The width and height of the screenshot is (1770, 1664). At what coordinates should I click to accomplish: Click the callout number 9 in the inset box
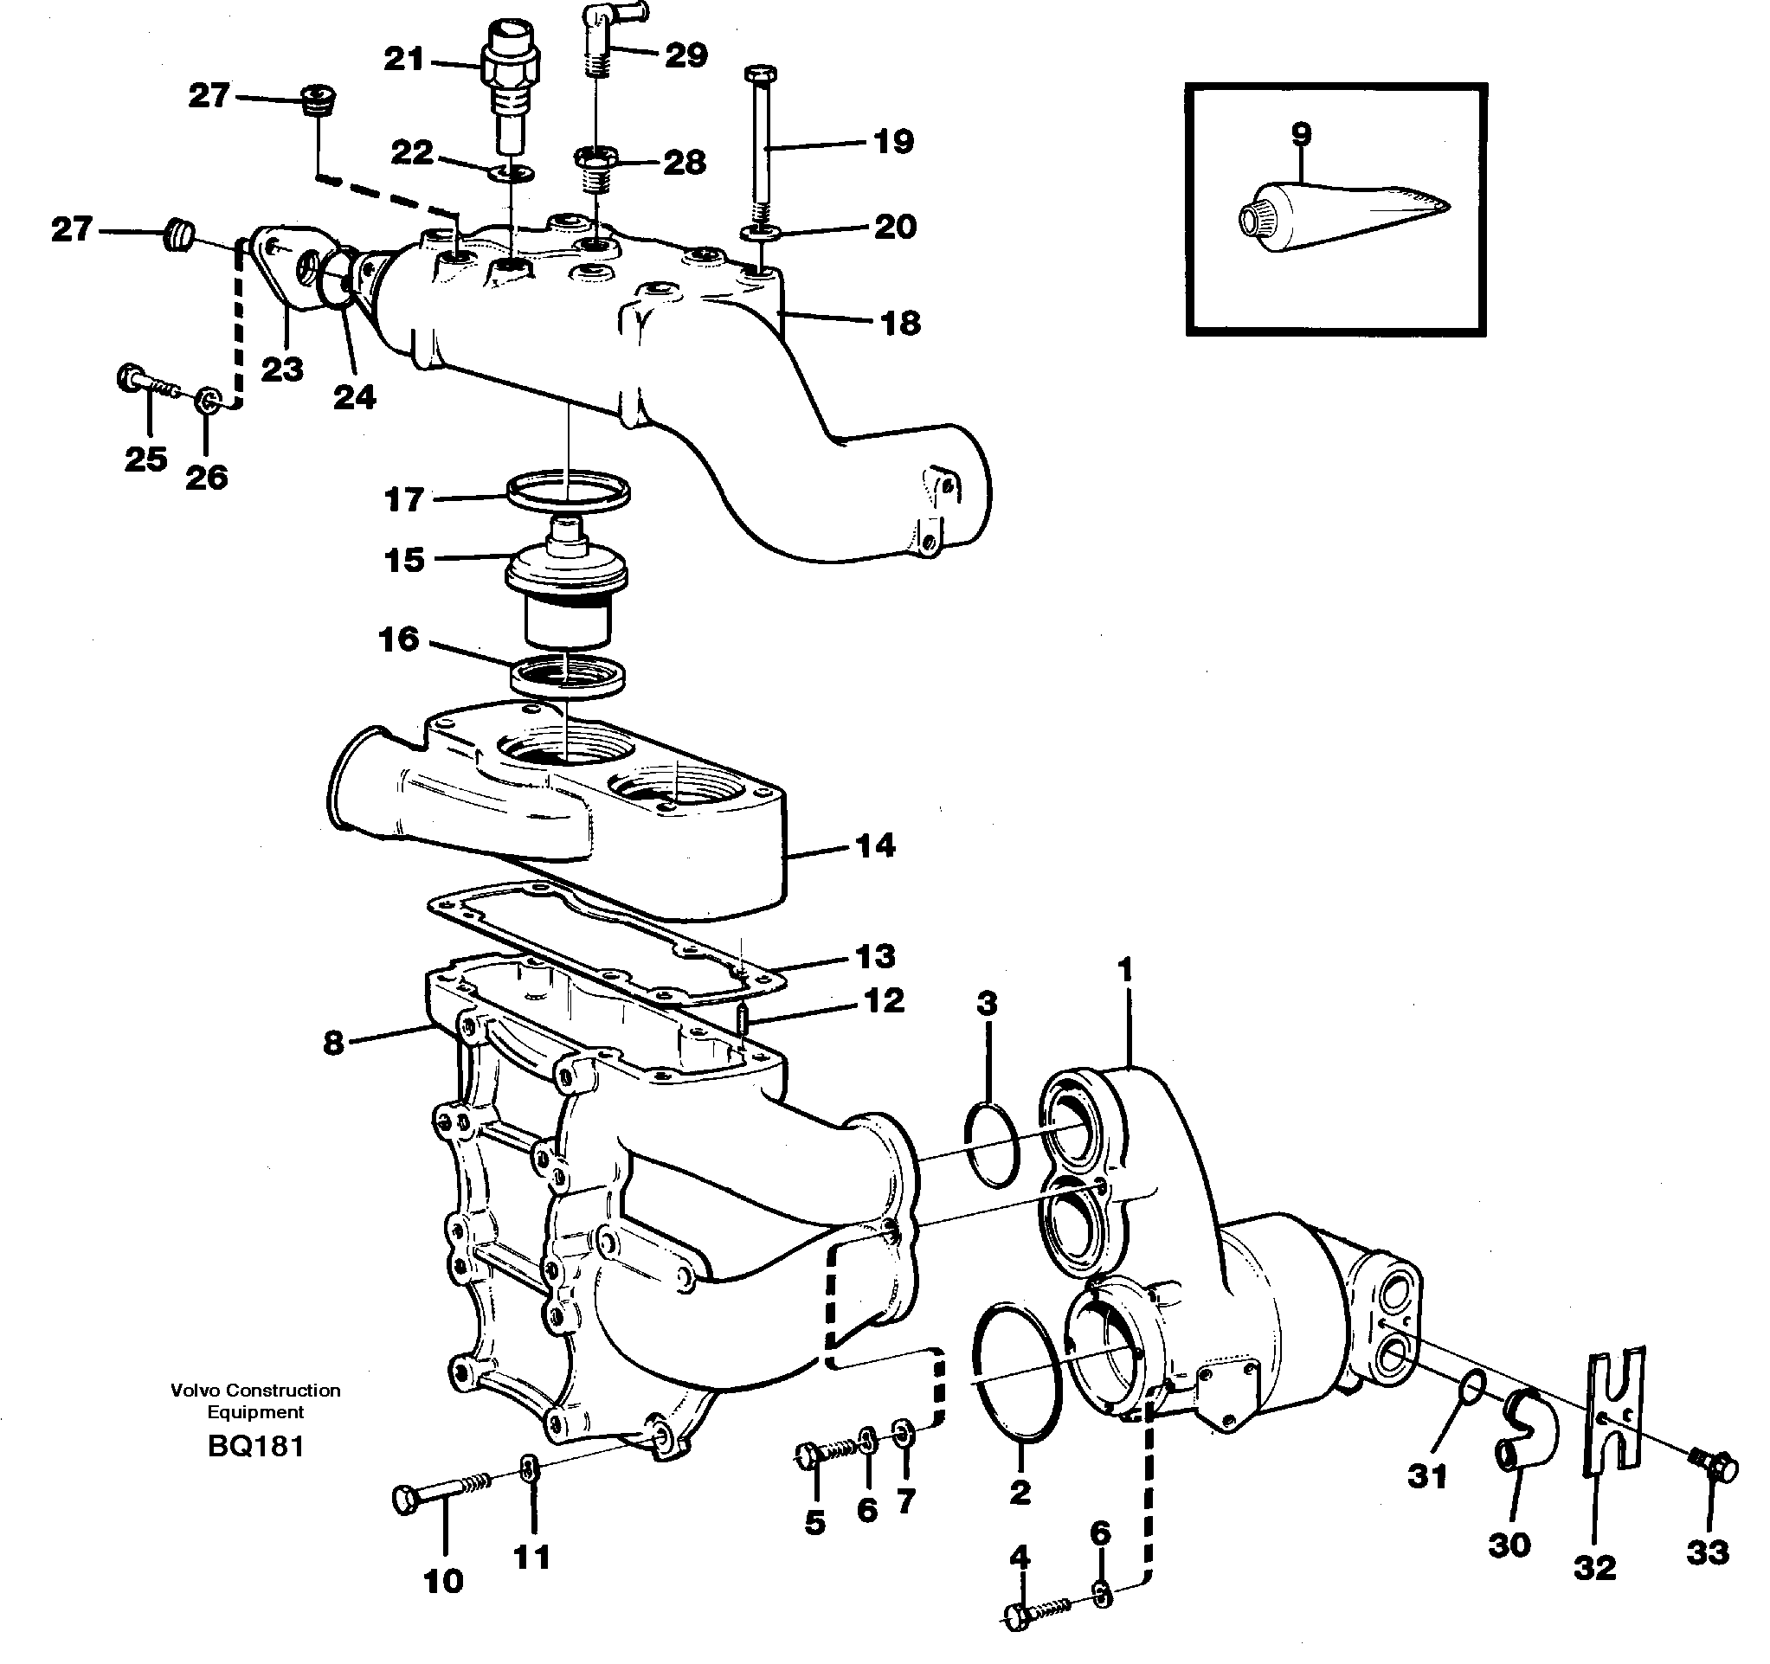1301,134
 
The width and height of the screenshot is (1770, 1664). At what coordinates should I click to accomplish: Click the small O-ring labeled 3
992,1145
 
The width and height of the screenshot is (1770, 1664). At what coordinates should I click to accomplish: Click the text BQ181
255,1447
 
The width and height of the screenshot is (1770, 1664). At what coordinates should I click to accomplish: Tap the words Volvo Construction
255,1391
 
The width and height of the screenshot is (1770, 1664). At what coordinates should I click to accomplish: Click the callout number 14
874,845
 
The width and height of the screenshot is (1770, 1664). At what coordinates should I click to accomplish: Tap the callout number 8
332,1043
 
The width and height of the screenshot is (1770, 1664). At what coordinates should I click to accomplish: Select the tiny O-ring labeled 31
1473,1385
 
